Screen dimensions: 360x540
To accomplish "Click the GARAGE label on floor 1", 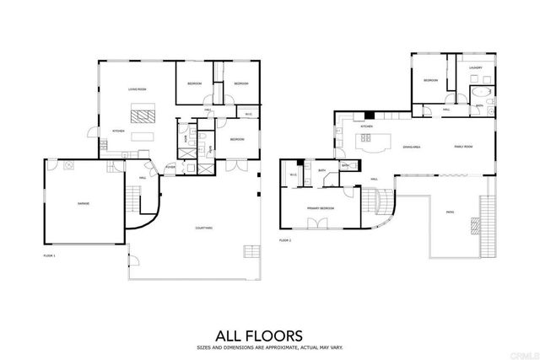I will [x=84, y=204].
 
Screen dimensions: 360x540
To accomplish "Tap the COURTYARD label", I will [x=203, y=228].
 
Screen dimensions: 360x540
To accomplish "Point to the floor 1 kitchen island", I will [x=143, y=135].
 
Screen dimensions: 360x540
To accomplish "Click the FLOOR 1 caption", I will [x=48, y=253].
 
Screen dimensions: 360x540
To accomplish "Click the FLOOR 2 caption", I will [x=284, y=240].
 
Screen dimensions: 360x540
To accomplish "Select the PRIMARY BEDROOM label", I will [x=319, y=207].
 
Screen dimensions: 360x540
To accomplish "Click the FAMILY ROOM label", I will [x=463, y=146].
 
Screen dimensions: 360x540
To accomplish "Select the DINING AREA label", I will [x=412, y=146].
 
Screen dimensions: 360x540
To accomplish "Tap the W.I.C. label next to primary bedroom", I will [x=293, y=175].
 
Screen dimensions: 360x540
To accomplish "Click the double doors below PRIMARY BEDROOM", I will [x=318, y=224].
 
